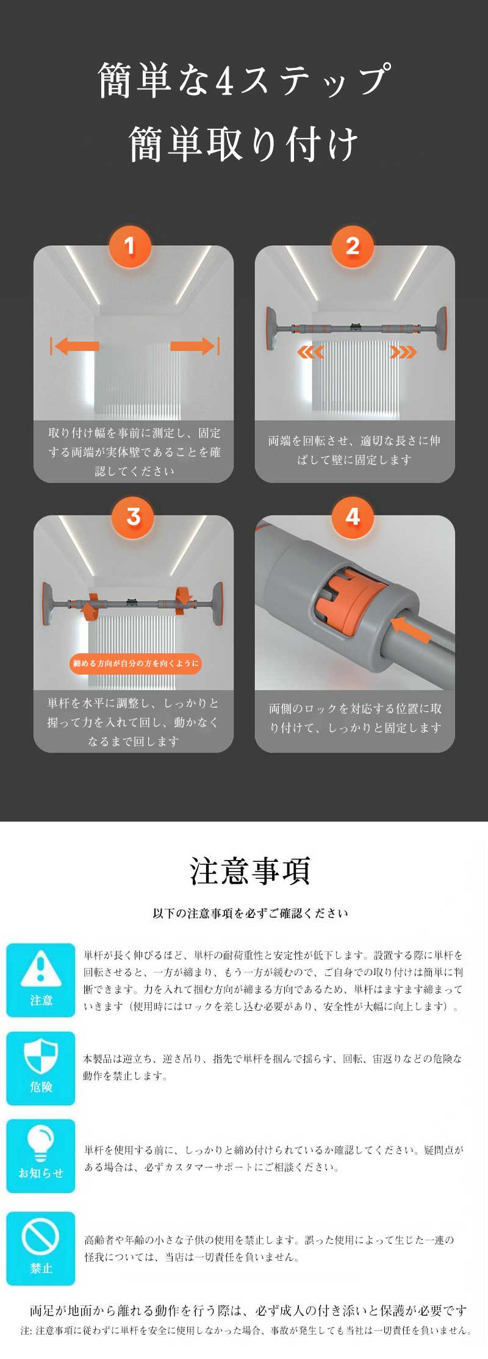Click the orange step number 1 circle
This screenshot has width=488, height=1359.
point(129,246)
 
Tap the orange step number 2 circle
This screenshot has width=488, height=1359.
point(352,246)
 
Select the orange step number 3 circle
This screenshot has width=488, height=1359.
point(133,517)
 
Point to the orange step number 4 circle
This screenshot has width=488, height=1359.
point(352,517)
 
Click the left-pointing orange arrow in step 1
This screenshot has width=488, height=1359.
point(76,346)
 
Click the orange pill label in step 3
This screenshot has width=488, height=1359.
point(135,663)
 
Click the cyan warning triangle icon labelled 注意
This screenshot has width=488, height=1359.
point(40,980)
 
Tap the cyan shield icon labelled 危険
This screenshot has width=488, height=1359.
point(40,1068)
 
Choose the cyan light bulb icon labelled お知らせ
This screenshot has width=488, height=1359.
point(40,1156)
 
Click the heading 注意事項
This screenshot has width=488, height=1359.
point(250,871)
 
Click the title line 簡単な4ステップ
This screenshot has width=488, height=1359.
point(244,79)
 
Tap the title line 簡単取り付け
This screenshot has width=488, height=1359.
point(244,145)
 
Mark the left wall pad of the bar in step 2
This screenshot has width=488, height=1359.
point(271,328)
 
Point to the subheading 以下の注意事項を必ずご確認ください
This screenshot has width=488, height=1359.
point(250,913)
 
